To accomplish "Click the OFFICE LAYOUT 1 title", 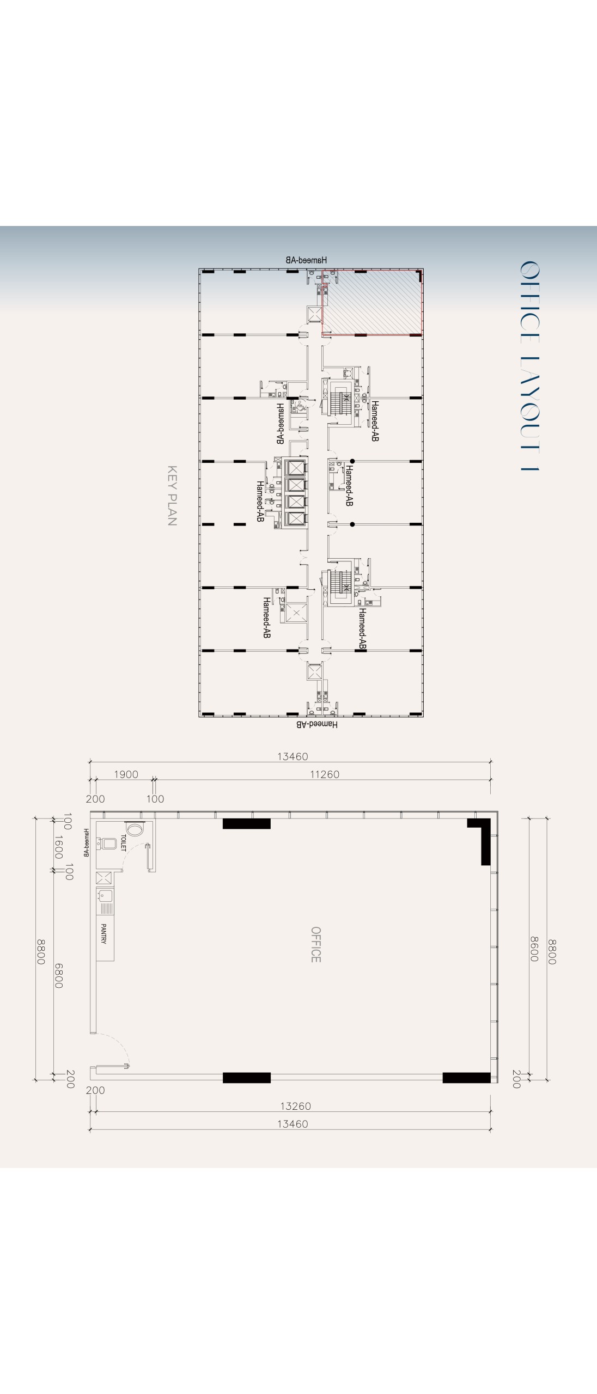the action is coord(529,365).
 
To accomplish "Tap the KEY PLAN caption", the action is coord(172,495).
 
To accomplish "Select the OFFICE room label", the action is coord(315,944).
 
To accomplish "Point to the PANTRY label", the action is coord(103,933).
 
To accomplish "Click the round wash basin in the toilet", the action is coord(135,828).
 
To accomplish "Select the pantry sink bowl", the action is coord(105,895).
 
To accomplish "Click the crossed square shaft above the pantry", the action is coord(104,877).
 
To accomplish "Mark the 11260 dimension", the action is coord(325,774).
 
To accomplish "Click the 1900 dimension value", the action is coord(126,774).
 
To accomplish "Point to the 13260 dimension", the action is coord(295,1106).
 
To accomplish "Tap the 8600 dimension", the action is coord(534,949).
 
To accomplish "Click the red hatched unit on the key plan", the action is coord(372,303).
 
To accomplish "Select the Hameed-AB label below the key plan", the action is coord(317,724).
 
